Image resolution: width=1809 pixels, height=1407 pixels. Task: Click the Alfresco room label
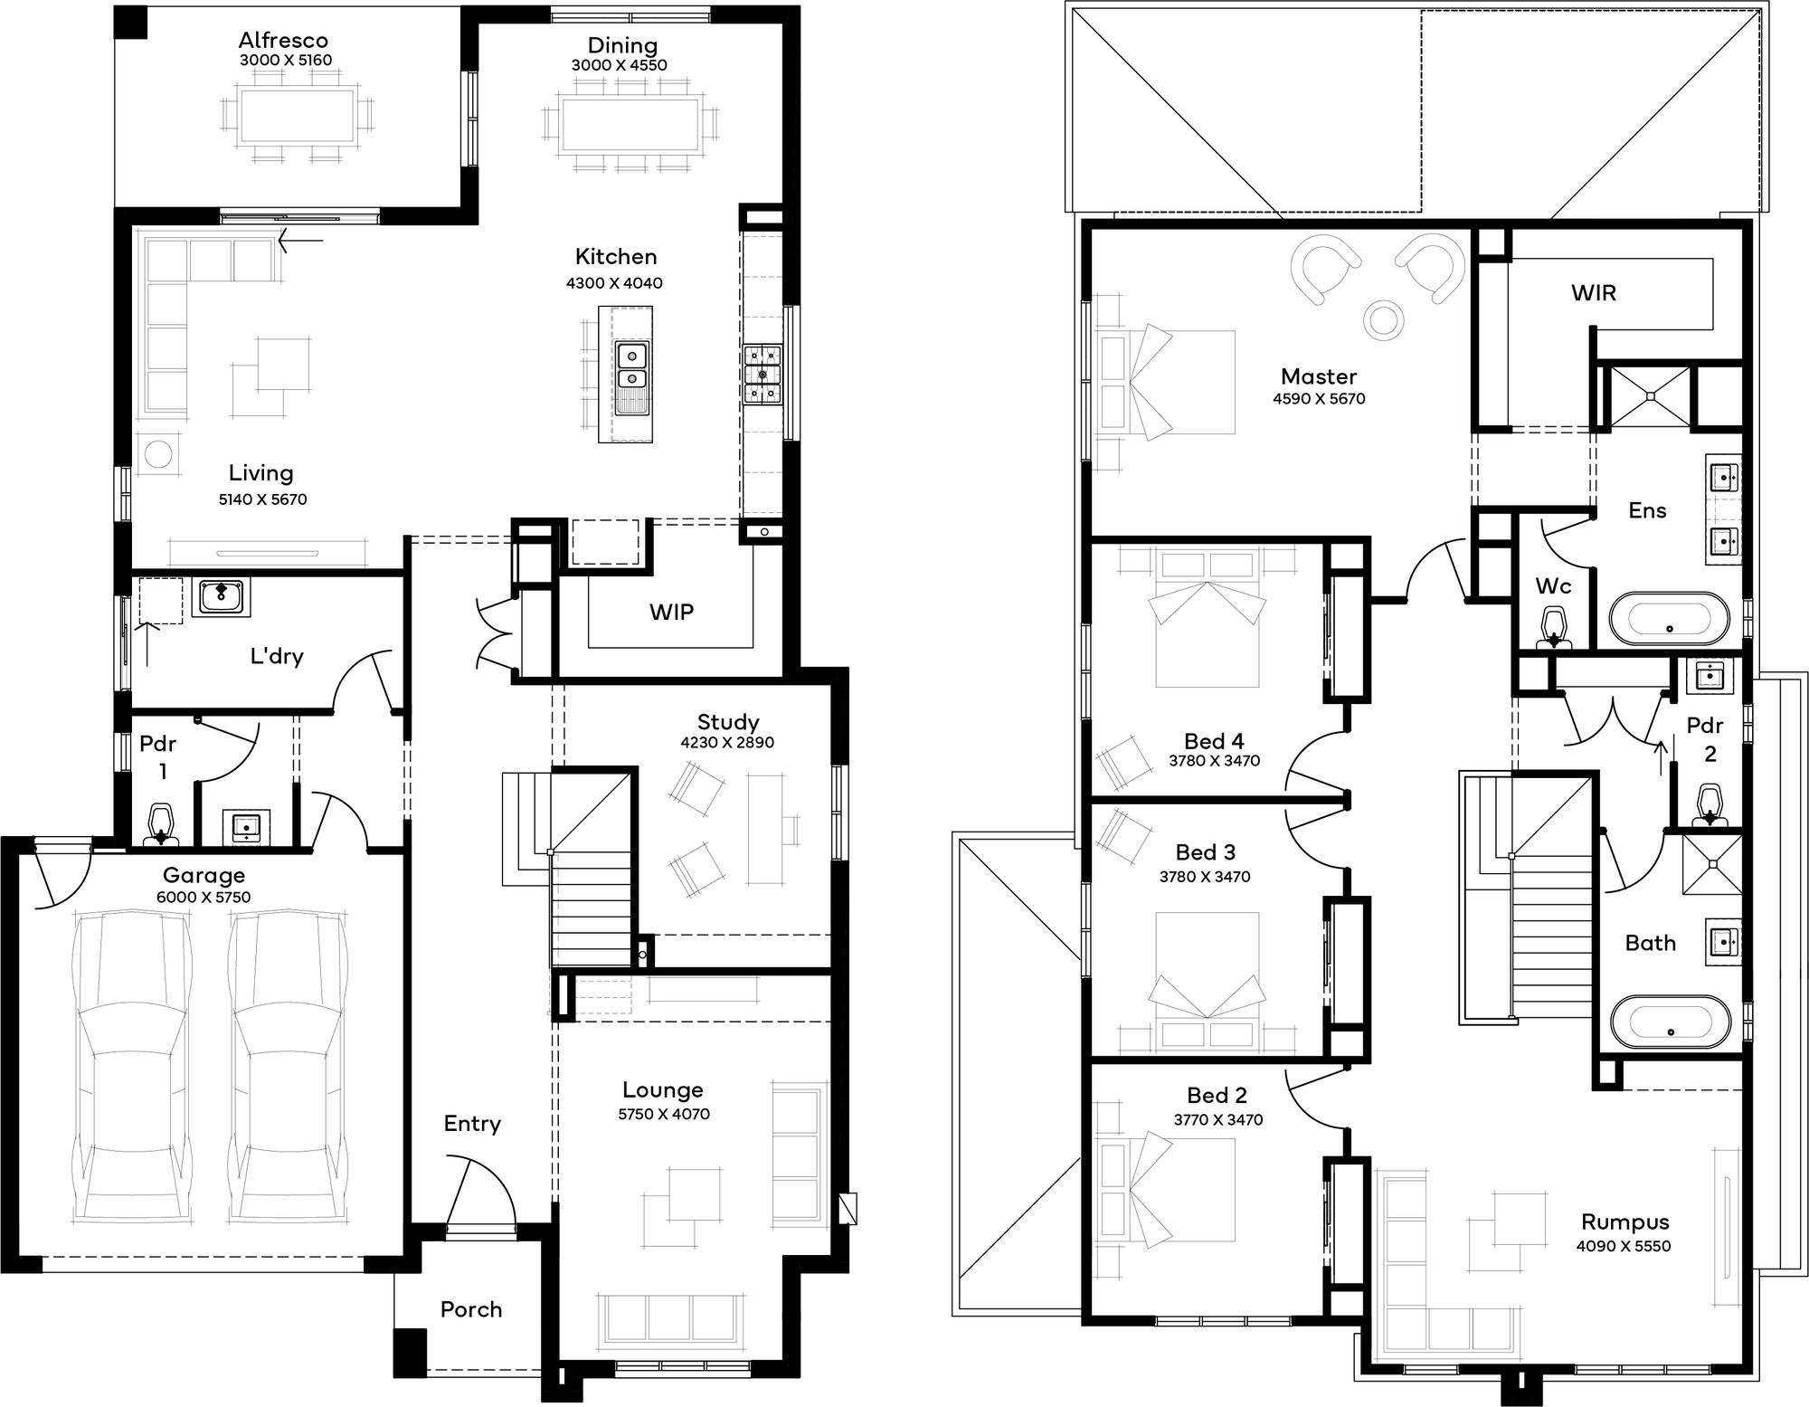(x=283, y=41)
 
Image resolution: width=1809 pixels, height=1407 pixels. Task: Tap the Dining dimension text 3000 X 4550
(x=620, y=65)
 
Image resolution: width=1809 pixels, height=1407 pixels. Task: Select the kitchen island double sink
(x=633, y=377)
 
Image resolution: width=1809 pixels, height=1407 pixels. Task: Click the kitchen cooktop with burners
(x=762, y=374)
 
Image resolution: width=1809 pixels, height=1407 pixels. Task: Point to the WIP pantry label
(x=671, y=613)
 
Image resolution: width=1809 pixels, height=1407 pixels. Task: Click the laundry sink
(x=221, y=598)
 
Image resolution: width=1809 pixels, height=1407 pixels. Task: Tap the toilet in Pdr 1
(x=161, y=823)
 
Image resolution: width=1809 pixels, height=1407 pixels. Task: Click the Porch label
(x=470, y=1309)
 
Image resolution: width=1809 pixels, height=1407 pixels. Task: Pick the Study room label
(x=728, y=722)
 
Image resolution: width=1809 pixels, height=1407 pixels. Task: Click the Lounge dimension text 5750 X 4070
(x=664, y=1114)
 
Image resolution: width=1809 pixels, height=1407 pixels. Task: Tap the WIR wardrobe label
(x=1593, y=293)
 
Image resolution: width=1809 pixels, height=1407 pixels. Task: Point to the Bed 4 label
(x=1215, y=742)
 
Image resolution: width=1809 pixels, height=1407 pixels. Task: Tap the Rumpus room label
(x=1624, y=1222)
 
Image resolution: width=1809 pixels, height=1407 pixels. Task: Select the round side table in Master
(x=1384, y=319)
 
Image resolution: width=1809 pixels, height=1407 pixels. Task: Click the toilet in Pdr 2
(x=1709, y=805)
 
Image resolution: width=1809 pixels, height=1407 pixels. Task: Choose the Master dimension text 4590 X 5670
(x=1319, y=399)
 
